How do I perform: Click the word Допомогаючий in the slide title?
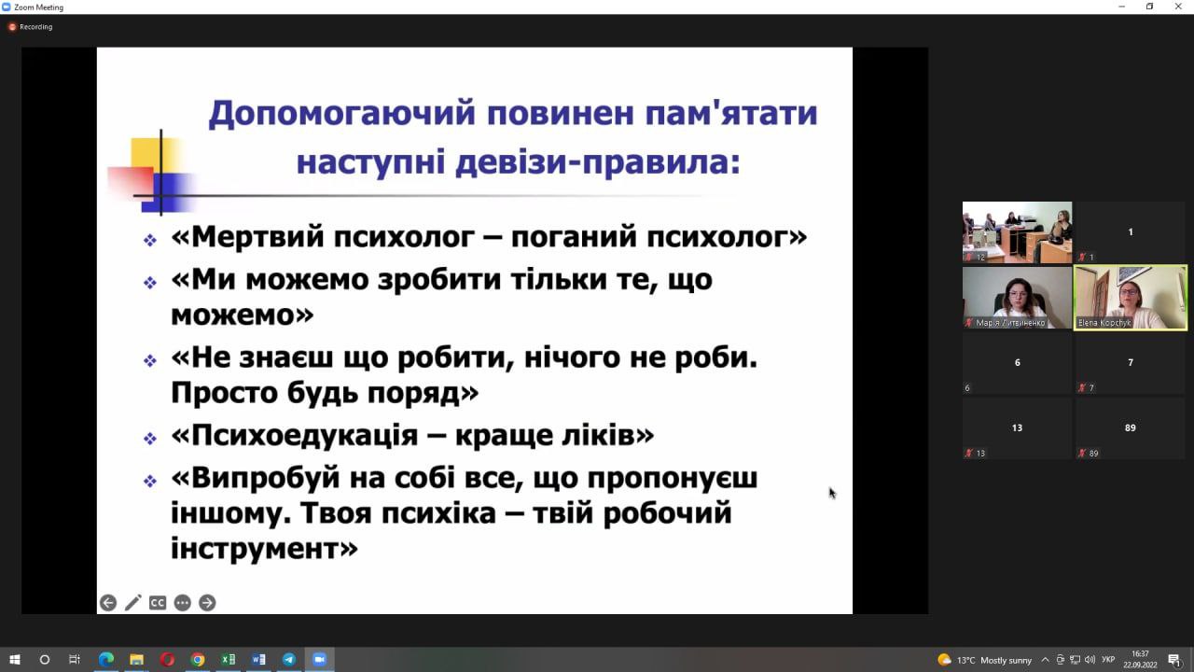pos(341,113)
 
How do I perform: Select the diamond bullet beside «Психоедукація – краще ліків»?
pos(150,439)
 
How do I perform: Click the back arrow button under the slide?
pos(108,603)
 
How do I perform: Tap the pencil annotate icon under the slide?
pos(132,603)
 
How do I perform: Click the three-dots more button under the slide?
pos(182,603)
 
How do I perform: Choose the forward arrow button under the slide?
pos(207,603)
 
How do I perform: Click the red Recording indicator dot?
pos(12,27)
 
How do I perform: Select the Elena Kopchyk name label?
pos(1104,323)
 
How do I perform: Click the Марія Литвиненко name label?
pos(1010,323)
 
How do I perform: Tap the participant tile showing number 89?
pos(1130,428)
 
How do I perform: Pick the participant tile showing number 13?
pos(1017,428)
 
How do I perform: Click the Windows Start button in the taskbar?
pos(15,660)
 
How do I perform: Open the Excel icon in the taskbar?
pos(229,660)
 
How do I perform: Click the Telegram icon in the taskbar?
pos(289,660)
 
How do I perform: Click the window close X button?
pos(1178,7)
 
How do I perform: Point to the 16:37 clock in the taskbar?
pos(1140,654)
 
